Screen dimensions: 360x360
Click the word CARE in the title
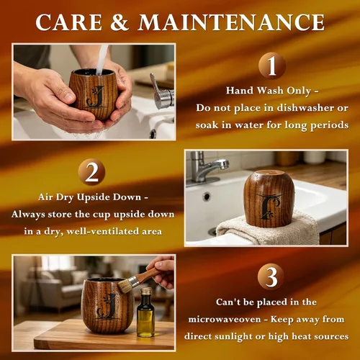pos(68,22)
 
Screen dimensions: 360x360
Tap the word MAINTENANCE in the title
pos(231,22)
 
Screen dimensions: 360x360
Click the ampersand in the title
pos(120,22)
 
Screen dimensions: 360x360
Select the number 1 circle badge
pos(272,66)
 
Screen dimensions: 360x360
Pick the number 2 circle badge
pos(91,172)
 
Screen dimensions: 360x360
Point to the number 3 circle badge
pos(271,276)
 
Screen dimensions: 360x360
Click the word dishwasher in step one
pos(306,108)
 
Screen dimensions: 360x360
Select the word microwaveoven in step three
pos(225,320)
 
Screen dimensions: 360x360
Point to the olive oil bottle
pos(145,312)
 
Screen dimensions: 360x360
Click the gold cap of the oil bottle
pos(146,292)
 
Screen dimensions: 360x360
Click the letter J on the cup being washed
pos(96,96)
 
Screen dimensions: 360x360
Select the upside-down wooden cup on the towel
pos(269,199)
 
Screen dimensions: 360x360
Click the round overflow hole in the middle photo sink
pos(207,197)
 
